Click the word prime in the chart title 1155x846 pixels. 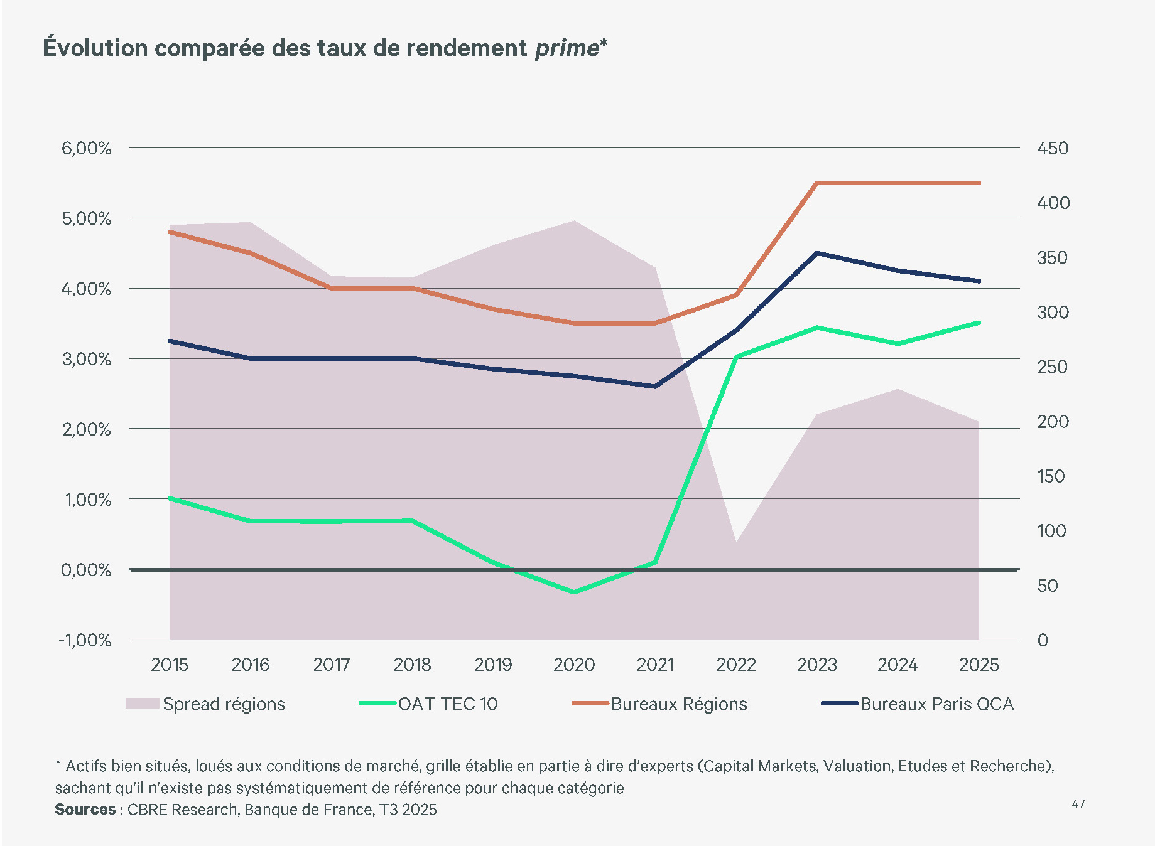[x=567, y=48]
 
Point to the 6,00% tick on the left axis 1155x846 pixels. [x=86, y=149]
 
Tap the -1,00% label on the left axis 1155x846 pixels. [x=85, y=641]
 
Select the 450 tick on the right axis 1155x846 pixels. [x=1053, y=149]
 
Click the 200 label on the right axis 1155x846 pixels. [x=1053, y=422]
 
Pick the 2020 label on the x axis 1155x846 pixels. [x=574, y=665]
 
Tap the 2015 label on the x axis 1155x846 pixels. [x=170, y=665]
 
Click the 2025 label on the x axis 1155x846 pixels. [x=979, y=665]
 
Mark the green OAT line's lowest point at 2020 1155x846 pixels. [x=574, y=592]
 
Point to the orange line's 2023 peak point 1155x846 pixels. [x=817, y=183]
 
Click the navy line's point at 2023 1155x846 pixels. [x=817, y=254]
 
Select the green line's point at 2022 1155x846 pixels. [x=736, y=357]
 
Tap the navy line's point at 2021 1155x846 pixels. [x=655, y=387]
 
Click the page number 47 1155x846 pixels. [x=1078, y=804]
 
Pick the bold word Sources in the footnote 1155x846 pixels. [x=85, y=810]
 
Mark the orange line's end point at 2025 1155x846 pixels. [x=979, y=183]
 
